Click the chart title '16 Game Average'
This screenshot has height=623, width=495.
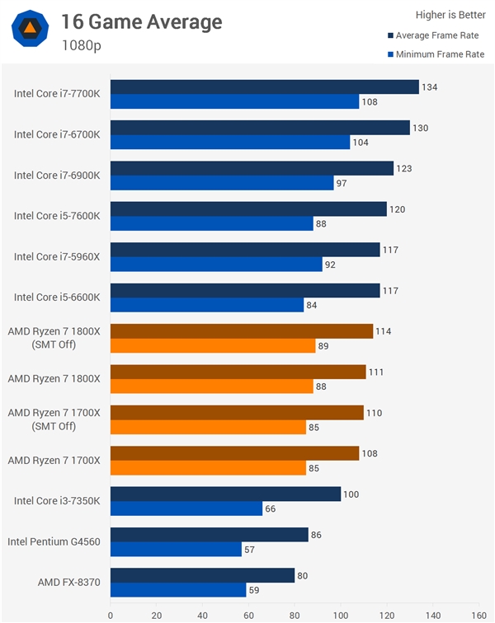click(141, 21)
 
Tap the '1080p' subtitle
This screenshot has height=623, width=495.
click(82, 45)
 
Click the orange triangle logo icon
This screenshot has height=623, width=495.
click(29, 30)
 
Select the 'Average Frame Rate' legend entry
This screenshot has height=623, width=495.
click(435, 35)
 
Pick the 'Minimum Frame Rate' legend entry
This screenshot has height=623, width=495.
click(435, 54)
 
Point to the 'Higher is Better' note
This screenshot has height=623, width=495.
click(450, 14)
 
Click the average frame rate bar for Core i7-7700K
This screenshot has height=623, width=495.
click(264, 87)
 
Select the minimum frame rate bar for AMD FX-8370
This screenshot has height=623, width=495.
click(178, 590)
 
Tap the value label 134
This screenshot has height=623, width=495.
click(431, 87)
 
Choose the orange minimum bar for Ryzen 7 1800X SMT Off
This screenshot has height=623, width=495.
click(213, 346)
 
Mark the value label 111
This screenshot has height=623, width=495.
click(377, 372)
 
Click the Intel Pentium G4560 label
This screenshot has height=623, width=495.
click(54, 541)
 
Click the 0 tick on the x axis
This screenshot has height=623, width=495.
click(111, 613)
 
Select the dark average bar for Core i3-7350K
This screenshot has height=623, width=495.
click(225, 494)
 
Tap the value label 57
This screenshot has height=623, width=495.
click(252, 550)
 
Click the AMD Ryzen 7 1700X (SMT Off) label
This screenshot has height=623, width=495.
click(54, 419)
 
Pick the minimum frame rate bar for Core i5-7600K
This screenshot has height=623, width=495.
click(212, 224)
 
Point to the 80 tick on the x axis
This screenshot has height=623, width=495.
click(295, 613)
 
